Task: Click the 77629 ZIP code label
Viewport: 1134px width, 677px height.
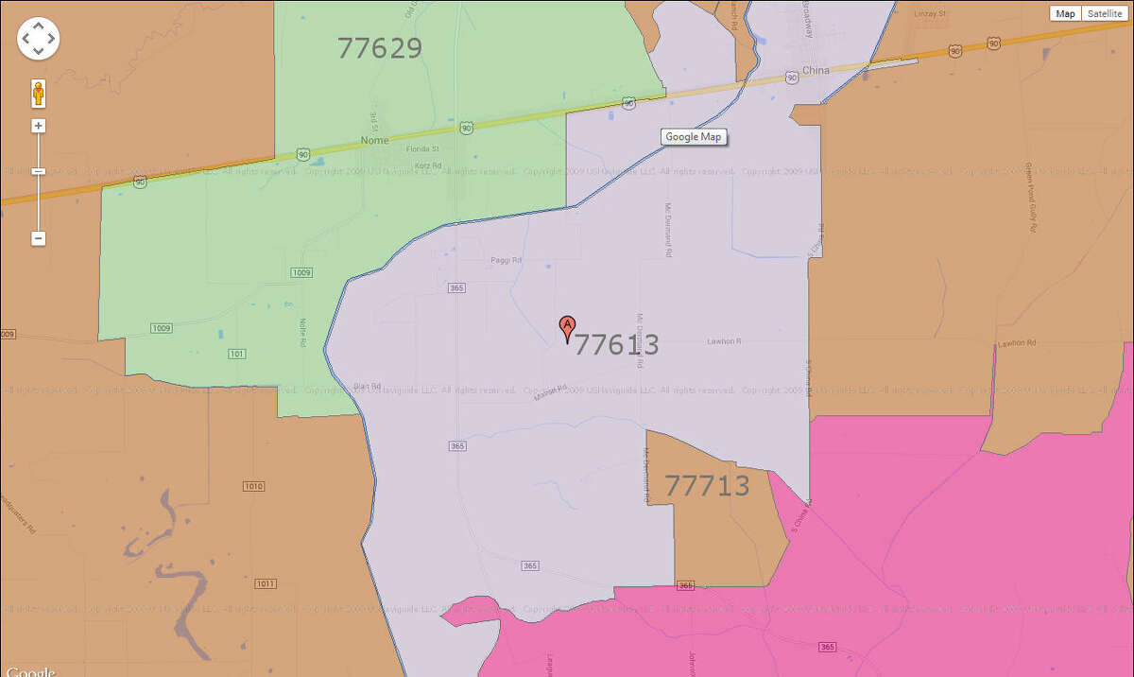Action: click(379, 48)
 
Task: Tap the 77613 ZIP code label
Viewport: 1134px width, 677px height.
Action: click(616, 344)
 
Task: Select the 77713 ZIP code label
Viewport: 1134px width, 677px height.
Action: click(707, 486)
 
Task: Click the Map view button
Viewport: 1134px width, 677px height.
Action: click(1066, 13)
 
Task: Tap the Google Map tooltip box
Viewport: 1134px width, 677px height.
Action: click(694, 137)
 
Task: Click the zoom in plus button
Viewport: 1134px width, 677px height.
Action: click(39, 126)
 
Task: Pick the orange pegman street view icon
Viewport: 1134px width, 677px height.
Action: click(39, 94)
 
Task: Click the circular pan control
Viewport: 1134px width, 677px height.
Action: click(38, 39)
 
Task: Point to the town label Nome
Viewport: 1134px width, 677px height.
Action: click(375, 141)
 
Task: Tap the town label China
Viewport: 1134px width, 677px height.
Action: click(815, 71)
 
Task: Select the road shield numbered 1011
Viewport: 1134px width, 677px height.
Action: click(266, 584)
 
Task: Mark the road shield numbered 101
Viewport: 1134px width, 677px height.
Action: click(237, 353)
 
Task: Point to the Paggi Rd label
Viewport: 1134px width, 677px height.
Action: click(506, 260)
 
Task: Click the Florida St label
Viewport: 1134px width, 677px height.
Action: click(421, 149)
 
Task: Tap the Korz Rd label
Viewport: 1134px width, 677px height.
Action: click(428, 165)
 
